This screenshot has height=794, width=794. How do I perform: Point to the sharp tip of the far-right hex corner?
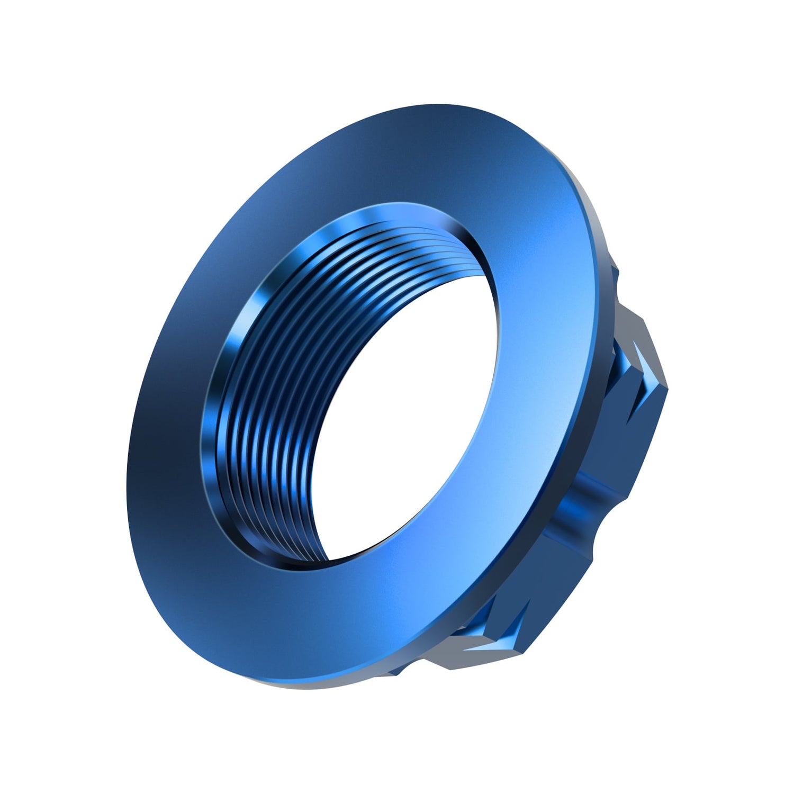667,389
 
